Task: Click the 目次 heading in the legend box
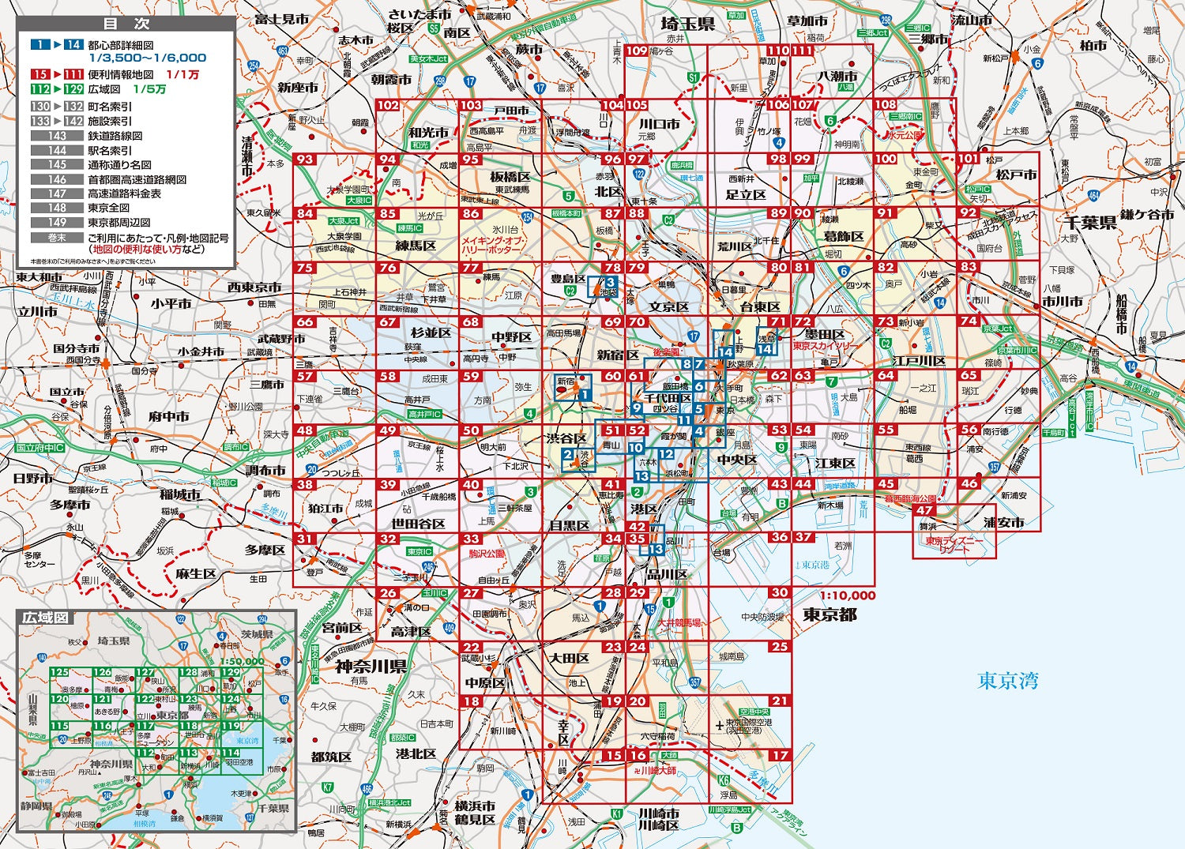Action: pos(127,24)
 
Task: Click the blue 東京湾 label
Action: pos(1008,680)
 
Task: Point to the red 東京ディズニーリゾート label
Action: pos(951,546)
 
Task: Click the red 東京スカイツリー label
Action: pos(824,346)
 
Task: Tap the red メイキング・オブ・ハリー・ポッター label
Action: pos(491,245)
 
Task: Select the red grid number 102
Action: pos(388,105)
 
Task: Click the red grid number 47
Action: pos(925,511)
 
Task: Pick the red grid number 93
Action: pos(304,160)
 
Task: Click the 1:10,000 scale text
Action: pos(847,595)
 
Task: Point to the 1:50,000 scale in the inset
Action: pos(242,661)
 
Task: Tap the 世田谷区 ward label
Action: pos(419,524)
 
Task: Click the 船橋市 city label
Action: pos(1122,312)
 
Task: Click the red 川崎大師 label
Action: pos(657,770)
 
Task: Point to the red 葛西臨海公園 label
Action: pos(910,499)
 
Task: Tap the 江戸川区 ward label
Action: pos(918,361)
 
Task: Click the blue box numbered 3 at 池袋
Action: pos(610,282)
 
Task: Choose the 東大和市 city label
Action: pos(39,277)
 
